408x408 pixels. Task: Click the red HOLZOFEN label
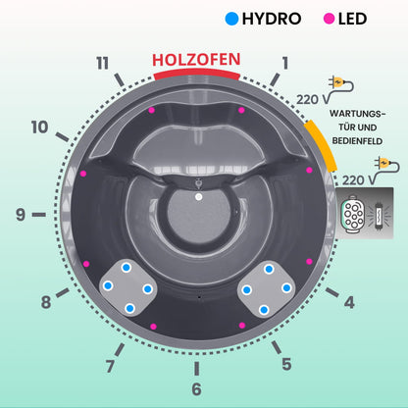pyautogui.click(x=196, y=60)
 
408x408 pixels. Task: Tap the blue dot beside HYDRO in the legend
pyautogui.click(x=231, y=19)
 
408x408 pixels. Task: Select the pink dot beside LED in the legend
pyautogui.click(x=329, y=19)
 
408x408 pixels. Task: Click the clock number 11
pyautogui.click(x=102, y=63)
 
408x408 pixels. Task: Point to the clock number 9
pyautogui.click(x=21, y=215)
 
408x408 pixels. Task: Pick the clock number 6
pyautogui.click(x=196, y=389)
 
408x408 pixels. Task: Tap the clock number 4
pyautogui.click(x=349, y=302)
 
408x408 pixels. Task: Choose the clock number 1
pyautogui.click(x=285, y=63)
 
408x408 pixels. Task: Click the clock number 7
pyautogui.click(x=110, y=366)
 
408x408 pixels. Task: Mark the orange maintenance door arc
pyautogui.click(x=322, y=145)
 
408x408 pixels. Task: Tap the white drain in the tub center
pyautogui.click(x=198, y=197)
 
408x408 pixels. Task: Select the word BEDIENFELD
pyautogui.click(x=357, y=141)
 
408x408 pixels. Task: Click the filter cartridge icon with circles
pyautogui.click(x=352, y=215)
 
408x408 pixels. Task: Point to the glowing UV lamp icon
pyautogui.click(x=379, y=215)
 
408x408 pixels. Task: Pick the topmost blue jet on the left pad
pyautogui.click(x=127, y=268)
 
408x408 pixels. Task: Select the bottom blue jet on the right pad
pyautogui.click(x=264, y=310)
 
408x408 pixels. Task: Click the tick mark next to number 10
pyautogui.click(x=62, y=137)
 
